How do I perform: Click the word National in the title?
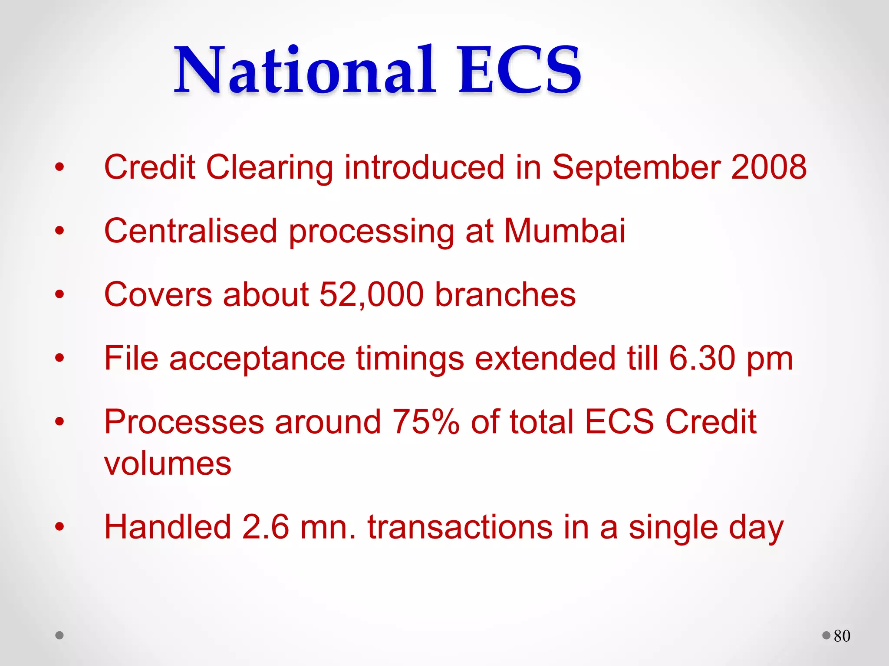pyautogui.click(x=305, y=71)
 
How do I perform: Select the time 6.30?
pyautogui.click(x=702, y=358)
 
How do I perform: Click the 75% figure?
pyautogui.click(x=425, y=422)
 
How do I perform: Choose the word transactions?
pyautogui.click(x=460, y=528)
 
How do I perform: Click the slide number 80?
pyautogui.click(x=842, y=636)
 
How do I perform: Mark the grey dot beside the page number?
pyautogui.click(x=826, y=636)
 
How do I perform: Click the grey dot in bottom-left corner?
pyautogui.click(x=59, y=636)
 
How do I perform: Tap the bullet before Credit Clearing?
pyautogui.click(x=59, y=167)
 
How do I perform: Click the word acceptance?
pyautogui.click(x=257, y=358)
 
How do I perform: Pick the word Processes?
pyautogui.click(x=184, y=422)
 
